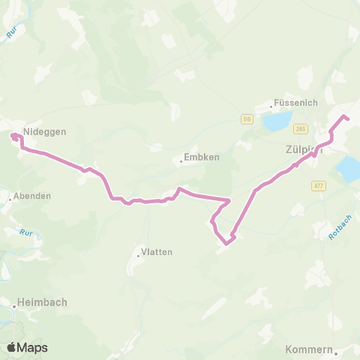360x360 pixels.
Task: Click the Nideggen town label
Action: [45, 130]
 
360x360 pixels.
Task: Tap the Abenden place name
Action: [32, 196]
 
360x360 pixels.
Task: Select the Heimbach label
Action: [44, 302]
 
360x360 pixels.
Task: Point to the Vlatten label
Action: [157, 252]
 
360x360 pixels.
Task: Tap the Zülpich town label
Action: [304, 149]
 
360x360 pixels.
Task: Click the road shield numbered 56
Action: [246, 118]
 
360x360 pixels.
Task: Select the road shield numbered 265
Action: [300, 128]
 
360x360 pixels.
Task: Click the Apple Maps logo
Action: [27, 347]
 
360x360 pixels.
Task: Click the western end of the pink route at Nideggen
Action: [13, 135]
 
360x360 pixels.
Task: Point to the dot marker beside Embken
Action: [181, 161]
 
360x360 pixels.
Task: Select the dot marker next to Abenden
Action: [10, 199]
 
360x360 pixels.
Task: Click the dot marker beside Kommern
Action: [337, 352]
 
